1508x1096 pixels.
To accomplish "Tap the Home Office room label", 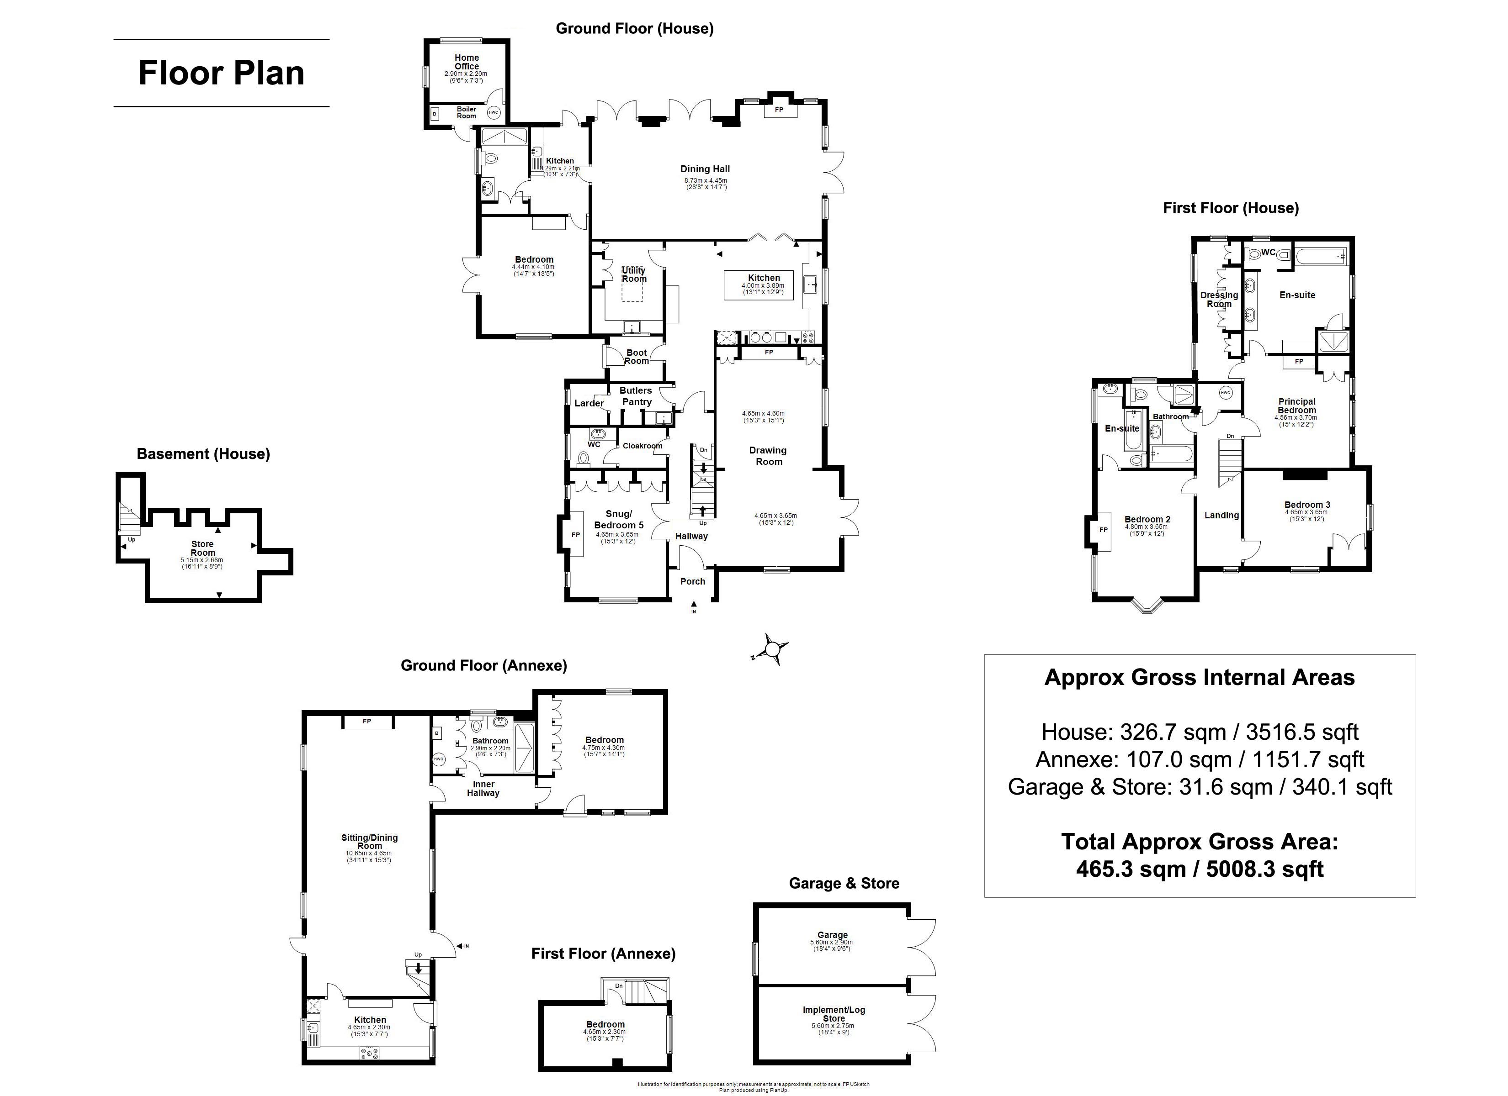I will pyautogui.click(x=466, y=62).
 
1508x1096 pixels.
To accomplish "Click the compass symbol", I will pyautogui.click(x=771, y=648).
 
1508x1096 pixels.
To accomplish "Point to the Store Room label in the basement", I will pyautogui.click(x=203, y=548).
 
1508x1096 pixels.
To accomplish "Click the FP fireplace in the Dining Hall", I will pyautogui.click(x=779, y=110).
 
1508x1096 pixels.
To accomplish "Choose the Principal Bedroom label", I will pyautogui.click(x=1296, y=406).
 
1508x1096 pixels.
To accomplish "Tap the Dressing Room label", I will pyautogui.click(x=1219, y=299).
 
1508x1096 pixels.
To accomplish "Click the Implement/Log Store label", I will pyautogui.click(x=834, y=1014).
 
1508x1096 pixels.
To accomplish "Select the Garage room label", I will pyautogui.click(x=833, y=934).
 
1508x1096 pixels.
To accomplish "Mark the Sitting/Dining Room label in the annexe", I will pyautogui.click(x=370, y=842).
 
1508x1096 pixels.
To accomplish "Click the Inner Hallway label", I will pyautogui.click(x=483, y=788).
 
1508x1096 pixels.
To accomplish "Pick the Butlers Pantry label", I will pyautogui.click(x=636, y=396).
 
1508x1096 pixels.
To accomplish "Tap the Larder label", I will pyautogui.click(x=589, y=403).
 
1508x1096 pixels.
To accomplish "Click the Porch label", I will pyautogui.click(x=692, y=581).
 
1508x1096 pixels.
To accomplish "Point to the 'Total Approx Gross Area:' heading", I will pyautogui.click(x=1200, y=842).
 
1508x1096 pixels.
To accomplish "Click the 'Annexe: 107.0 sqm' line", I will pyautogui.click(x=1200, y=759).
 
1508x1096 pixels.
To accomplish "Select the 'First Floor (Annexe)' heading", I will pyautogui.click(x=603, y=954).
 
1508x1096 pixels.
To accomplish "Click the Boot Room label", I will pyautogui.click(x=636, y=357).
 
